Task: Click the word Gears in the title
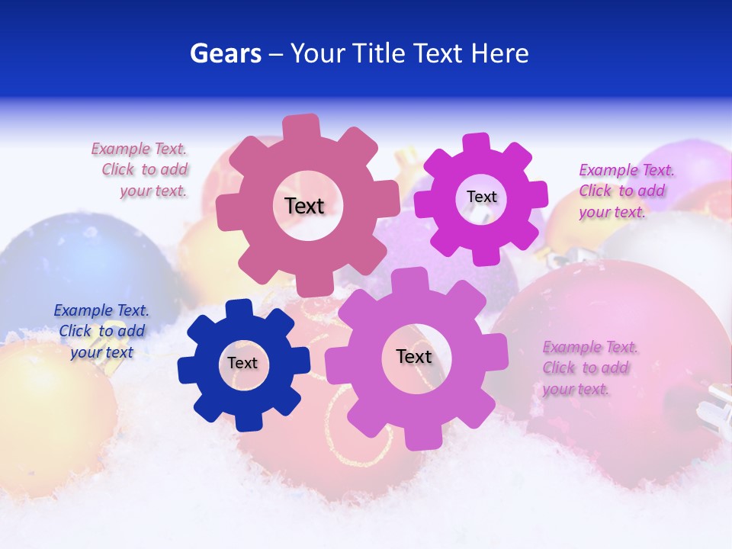[226, 53]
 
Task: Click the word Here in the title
[499, 53]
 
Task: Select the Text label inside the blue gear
[242, 364]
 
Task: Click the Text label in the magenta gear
[481, 197]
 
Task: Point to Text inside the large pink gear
[305, 206]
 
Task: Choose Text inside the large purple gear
[414, 357]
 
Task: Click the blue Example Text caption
[101, 331]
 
